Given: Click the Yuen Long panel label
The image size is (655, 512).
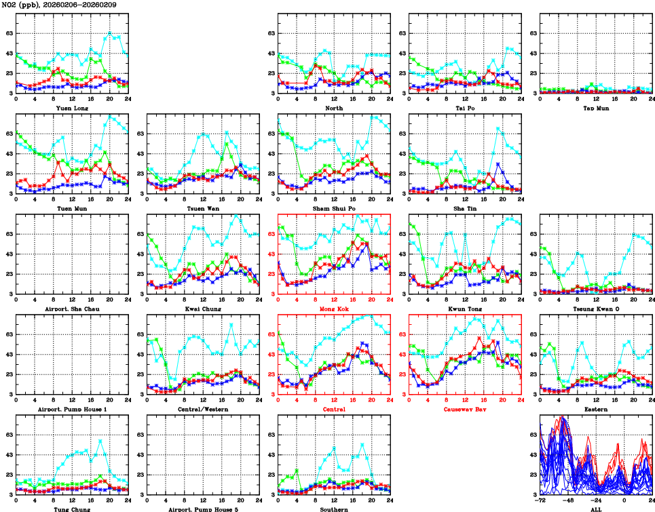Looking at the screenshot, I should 71,108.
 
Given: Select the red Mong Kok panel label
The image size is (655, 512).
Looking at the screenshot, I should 334,309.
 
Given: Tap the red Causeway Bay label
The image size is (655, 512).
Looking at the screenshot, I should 465,409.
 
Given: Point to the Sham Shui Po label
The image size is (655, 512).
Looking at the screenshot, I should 334,208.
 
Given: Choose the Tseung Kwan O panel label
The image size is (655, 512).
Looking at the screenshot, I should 595,309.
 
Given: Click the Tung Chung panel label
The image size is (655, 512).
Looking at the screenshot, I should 71,509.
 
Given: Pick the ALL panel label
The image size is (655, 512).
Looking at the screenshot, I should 595,509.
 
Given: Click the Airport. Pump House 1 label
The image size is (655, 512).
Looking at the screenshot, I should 71,409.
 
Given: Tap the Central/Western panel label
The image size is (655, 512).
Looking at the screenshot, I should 202,409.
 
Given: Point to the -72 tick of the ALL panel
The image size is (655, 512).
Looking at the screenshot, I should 540,501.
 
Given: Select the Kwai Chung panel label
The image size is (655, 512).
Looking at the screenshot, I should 202,309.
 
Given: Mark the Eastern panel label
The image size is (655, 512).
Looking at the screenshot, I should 595,409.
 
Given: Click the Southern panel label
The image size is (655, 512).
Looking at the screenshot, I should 334,509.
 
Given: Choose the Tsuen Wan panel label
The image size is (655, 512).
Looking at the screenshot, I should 202,208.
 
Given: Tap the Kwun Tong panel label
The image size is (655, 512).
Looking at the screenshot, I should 465,309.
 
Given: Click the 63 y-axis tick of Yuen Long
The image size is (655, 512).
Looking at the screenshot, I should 7,33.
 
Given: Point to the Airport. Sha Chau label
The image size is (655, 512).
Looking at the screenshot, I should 71,309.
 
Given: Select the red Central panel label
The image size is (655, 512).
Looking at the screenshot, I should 334,409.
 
